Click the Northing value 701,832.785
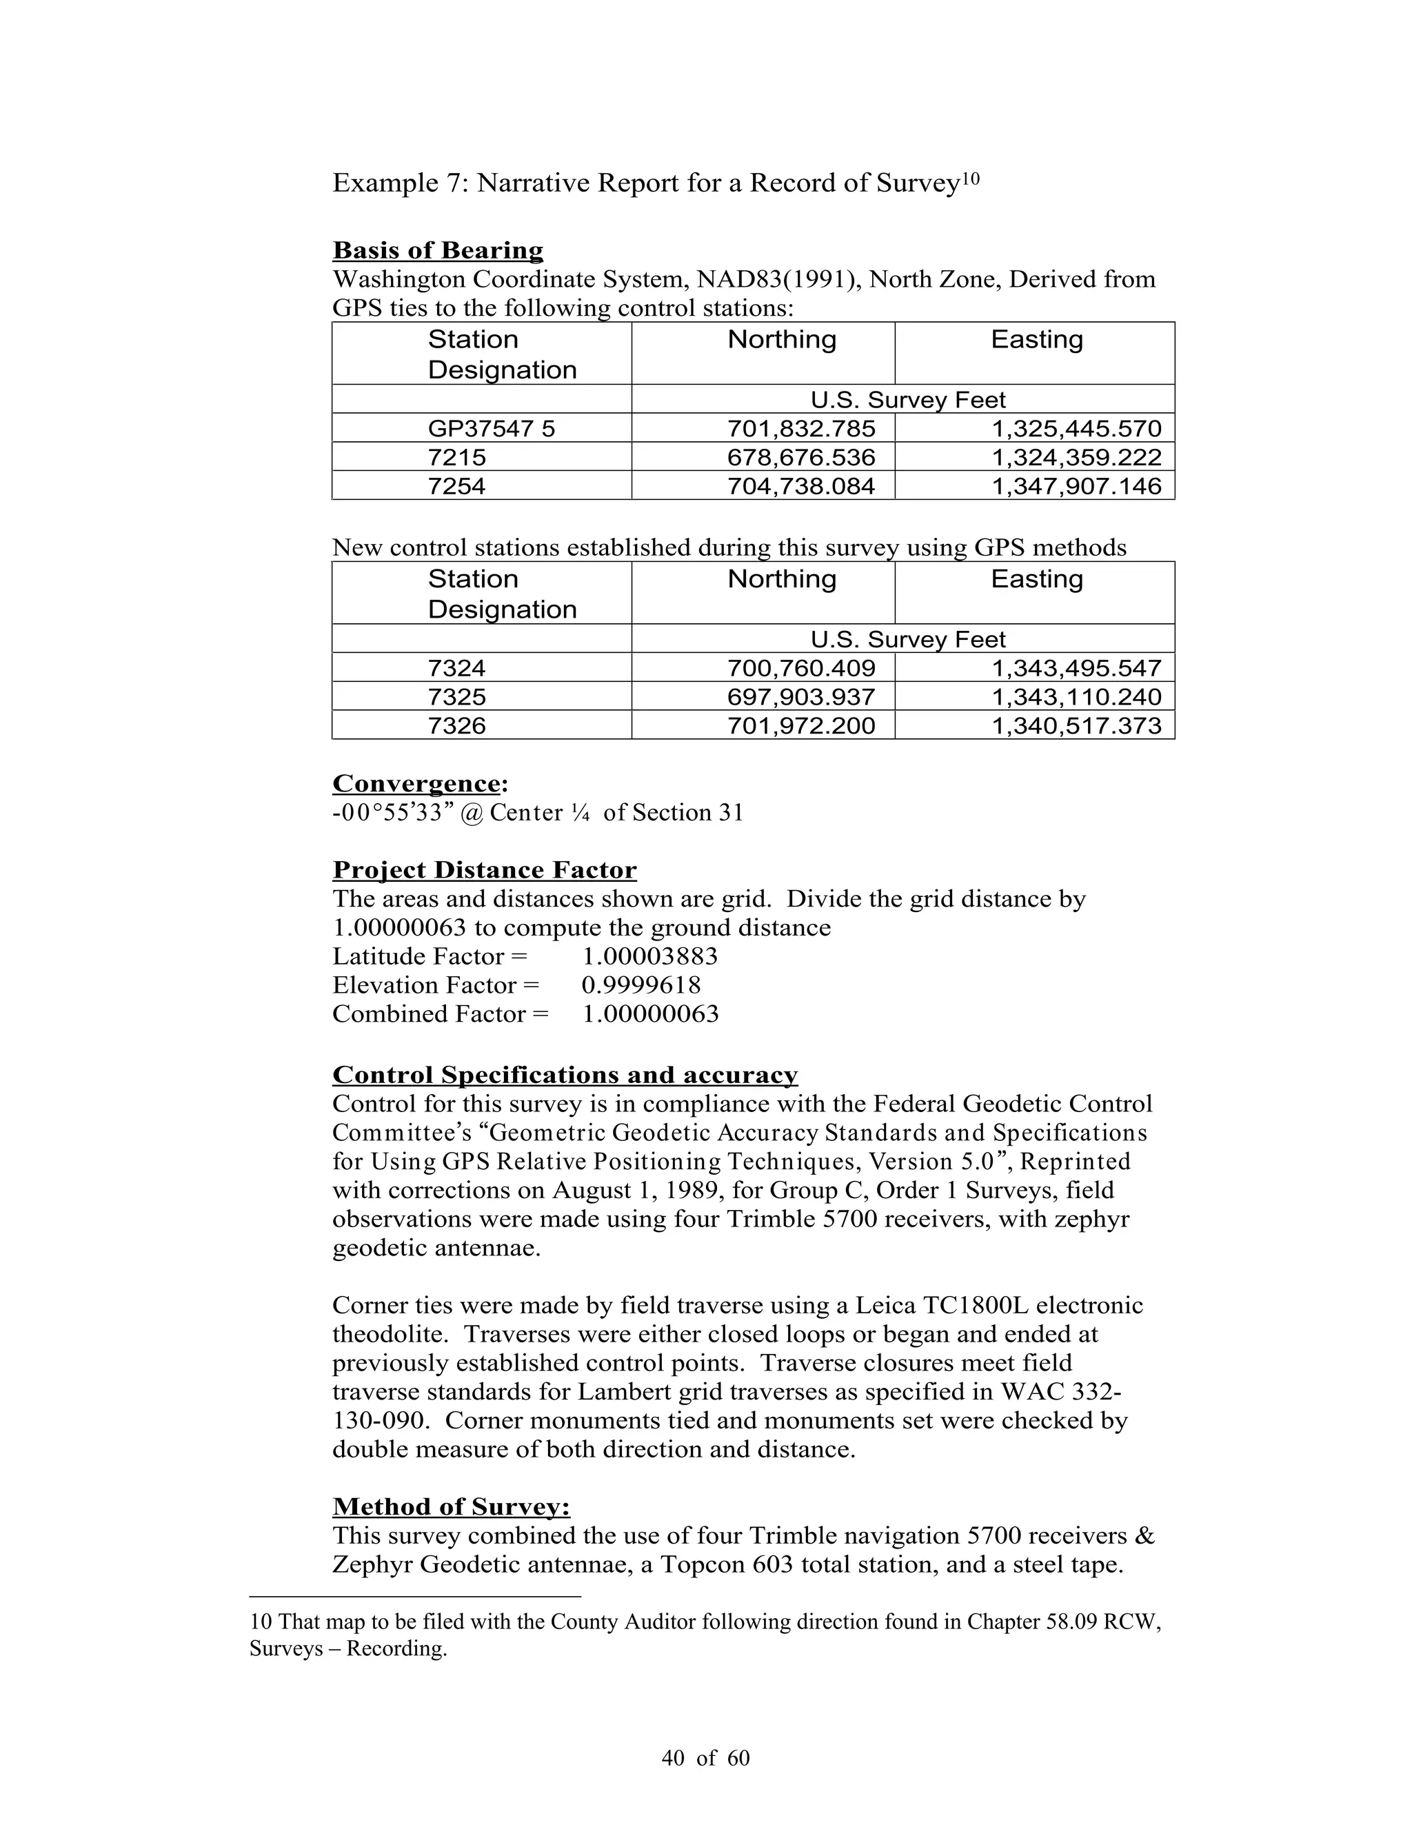[x=800, y=429]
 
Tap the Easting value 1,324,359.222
[x=1076, y=458]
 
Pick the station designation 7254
[x=456, y=486]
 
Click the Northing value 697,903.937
[x=800, y=697]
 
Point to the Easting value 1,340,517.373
[x=1076, y=725]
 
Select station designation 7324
[x=456, y=668]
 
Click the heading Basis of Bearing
[x=438, y=250]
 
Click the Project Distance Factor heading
[x=484, y=870]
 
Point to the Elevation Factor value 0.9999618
[x=641, y=985]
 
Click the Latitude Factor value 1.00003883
[x=649, y=957]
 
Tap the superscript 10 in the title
[x=969, y=177]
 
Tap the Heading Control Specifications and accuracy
[x=565, y=1075]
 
